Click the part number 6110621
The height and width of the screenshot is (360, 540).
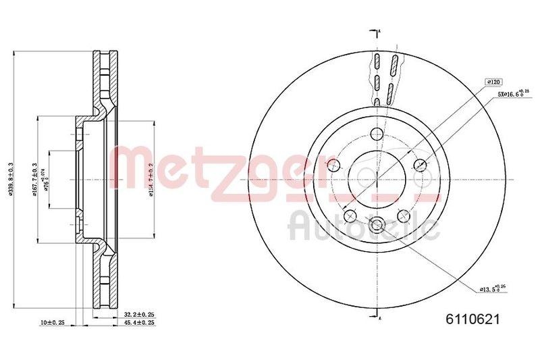click(472, 322)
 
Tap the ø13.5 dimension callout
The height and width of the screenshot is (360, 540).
click(491, 288)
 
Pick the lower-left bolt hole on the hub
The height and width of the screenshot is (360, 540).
click(350, 215)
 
